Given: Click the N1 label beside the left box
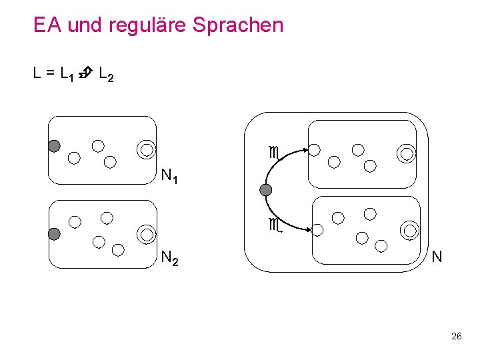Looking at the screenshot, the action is coord(170,177).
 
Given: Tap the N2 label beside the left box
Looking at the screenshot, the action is coord(170,258).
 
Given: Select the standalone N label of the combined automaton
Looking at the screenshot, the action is coord(437,257).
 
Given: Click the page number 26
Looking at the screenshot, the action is coord(456,336).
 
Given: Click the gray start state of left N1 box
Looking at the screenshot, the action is coord(54,146).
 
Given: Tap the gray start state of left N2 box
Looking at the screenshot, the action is coord(54,233).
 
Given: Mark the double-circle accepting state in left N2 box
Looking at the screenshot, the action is coord(146,234).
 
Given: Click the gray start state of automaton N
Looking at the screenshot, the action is coord(266,191).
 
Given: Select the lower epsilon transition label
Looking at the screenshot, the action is coord(273,225).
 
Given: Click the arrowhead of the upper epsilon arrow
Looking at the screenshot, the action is coord(305,150).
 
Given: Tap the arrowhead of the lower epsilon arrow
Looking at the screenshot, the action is coord(308,230).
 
